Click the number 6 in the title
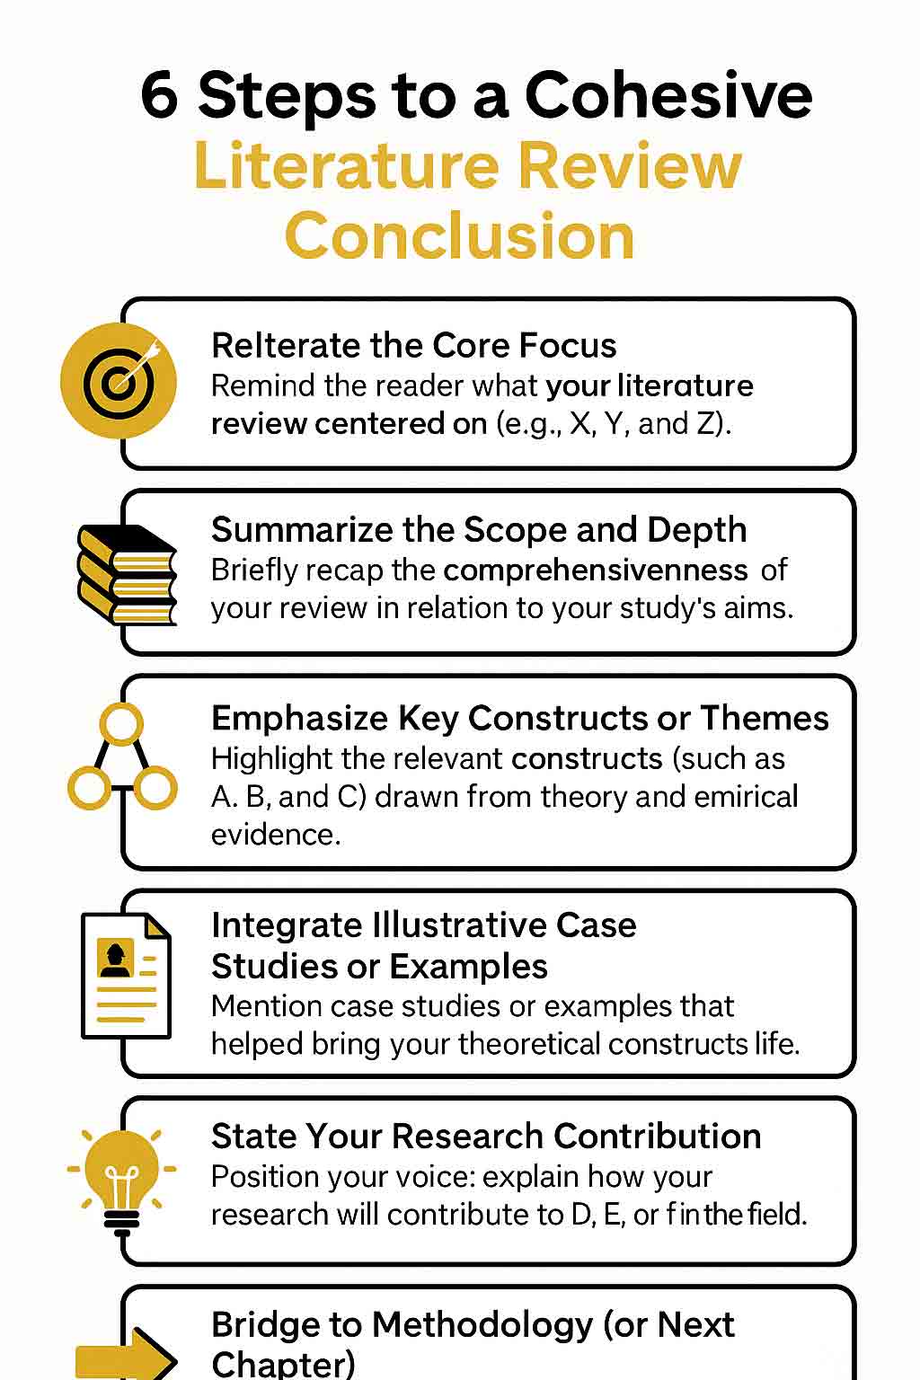click(160, 95)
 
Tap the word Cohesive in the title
click(668, 94)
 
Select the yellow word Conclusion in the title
click(460, 235)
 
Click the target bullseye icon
click(119, 380)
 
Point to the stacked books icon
click(128, 574)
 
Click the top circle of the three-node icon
click(121, 724)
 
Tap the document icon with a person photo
click(127, 975)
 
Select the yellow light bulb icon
click(122, 1183)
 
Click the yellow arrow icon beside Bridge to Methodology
click(127, 1356)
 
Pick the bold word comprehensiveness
click(596, 571)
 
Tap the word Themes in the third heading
click(764, 718)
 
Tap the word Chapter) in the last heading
click(283, 1364)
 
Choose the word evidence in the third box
click(276, 835)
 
